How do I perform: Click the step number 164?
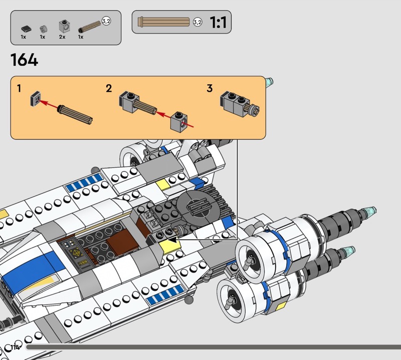pos(24,60)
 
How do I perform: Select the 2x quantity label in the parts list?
pos(62,37)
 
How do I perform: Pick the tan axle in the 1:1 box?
pos(165,22)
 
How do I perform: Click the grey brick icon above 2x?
pos(63,26)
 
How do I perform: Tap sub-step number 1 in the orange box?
pos(19,89)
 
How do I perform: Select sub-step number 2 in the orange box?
pos(109,89)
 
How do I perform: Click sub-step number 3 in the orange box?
pos(210,89)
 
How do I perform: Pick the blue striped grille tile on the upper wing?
pos(80,185)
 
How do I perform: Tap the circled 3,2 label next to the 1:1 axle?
pos(197,22)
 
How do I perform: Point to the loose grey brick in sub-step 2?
pos(178,120)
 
